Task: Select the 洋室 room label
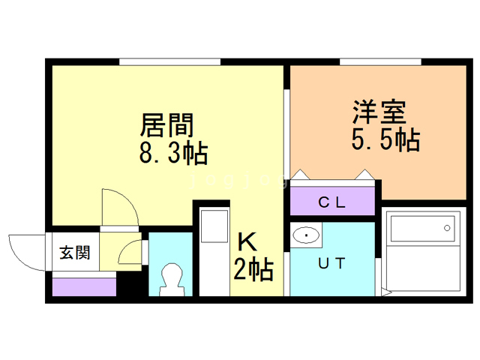pos(380,112)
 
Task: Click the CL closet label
pos(331,201)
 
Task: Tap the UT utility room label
pos(331,263)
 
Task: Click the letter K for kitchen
pos(247,241)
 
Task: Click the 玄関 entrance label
pos(74,252)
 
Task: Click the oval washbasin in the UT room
pos(306,236)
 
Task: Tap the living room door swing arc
pos(120,205)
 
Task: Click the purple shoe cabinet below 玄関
pos(84,286)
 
